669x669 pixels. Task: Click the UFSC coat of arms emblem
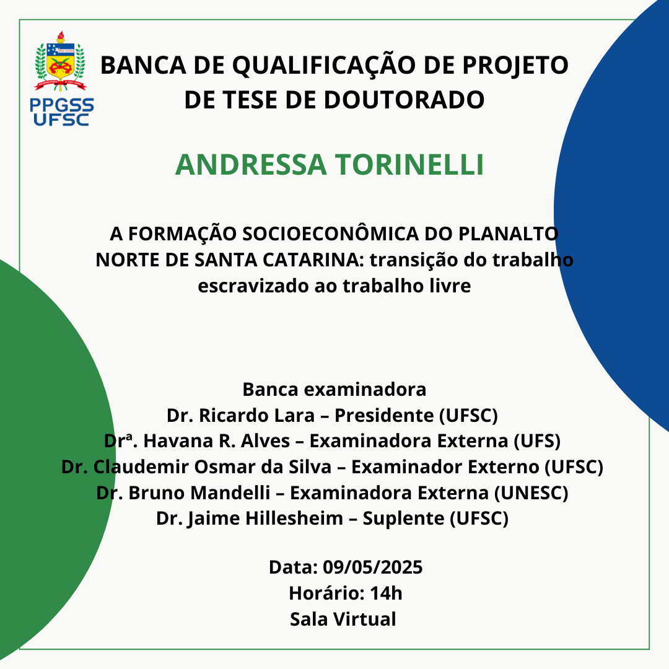(x=61, y=61)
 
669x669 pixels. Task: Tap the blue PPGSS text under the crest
(x=62, y=105)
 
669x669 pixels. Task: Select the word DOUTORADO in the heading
(x=404, y=100)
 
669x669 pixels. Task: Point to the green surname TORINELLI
(x=409, y=165)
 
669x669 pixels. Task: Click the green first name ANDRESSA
(x=251, y=165)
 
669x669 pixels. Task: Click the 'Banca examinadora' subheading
(x=334, y=389)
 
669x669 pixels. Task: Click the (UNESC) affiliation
(x=531, y=492)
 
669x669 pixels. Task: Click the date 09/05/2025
(x=372, y=567)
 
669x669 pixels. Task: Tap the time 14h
(x=386, y=593)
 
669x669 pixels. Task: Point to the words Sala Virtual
(x=343, y=619)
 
